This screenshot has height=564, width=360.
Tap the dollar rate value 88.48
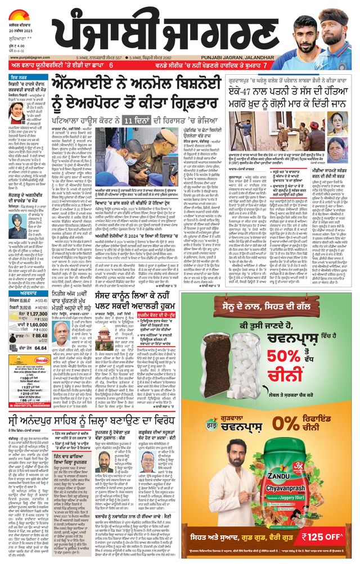[x=37, y=336]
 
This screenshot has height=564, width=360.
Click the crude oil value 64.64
[x=37, y=348]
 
